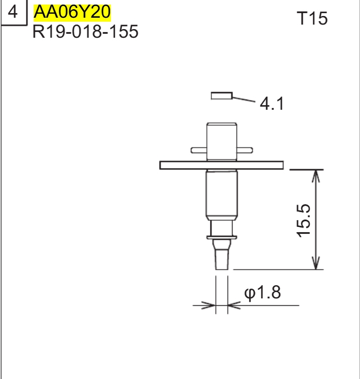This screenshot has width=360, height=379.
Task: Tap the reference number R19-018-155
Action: pyautogui.click(x=85, y=31)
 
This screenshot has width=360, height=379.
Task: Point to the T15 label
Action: pyautogui.click(x=312, y=19)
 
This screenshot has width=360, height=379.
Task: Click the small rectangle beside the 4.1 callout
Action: pyautogui.click(x=221, y=95)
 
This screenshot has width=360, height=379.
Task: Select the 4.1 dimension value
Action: pyautogui.click(x=271, y=105)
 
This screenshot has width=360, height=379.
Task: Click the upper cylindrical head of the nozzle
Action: pyautogui.click(x=221, y=140)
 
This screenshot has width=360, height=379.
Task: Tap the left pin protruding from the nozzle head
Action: pyautogui.click(x=198, y=150)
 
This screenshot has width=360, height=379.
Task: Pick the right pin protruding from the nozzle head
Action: pyautogui.click(x=244, y=150)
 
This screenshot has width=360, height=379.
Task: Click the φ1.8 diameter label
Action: pyautogui.click(x=262, y=293)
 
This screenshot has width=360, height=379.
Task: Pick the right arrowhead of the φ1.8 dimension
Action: pyautogui.click(x=233, y=305)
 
